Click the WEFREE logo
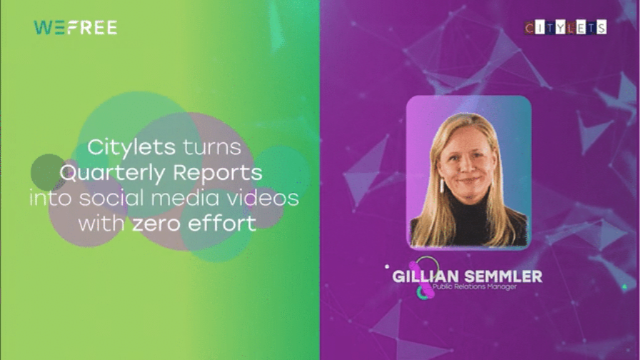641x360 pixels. pos(76,27)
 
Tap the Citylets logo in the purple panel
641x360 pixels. pos(565,27)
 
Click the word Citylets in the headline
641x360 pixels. pos(131,147)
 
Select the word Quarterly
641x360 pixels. pos(112,173)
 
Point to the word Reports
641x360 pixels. pos(218,174)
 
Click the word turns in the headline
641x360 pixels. pos(212,148)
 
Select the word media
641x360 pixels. pos(186,198)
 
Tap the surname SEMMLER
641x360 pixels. pos(503,276)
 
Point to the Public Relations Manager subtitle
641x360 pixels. pos(475,286)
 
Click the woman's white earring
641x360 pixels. pos(442,186)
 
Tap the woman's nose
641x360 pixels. pos(466,165)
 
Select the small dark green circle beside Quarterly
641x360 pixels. pos(49,172)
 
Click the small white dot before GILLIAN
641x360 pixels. pos(387,266)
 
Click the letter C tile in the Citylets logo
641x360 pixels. pos(530,28)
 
